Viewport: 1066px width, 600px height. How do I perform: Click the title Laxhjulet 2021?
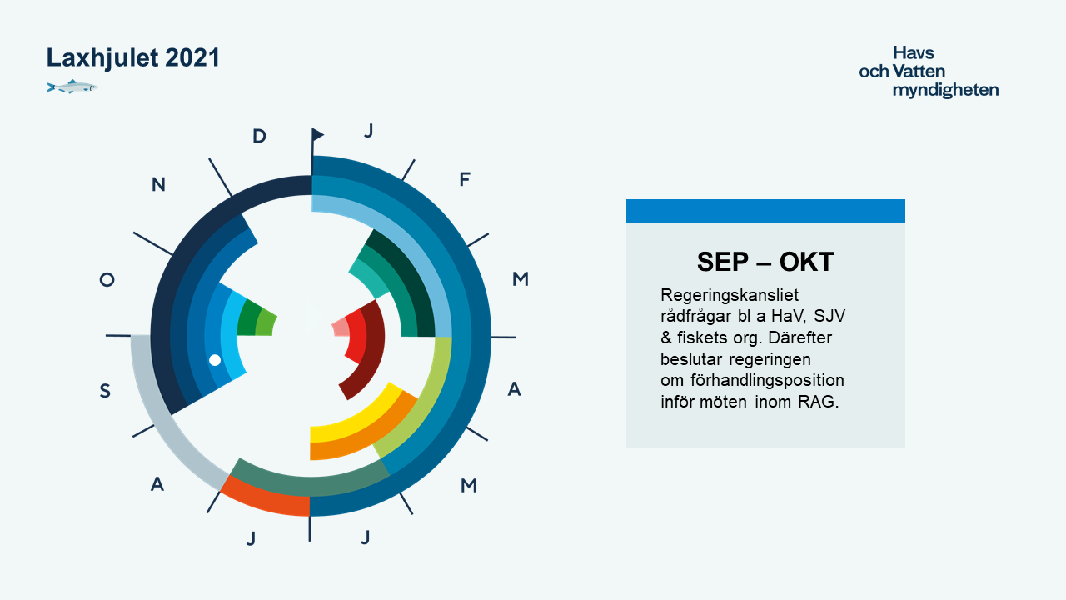pyautogui.click(x=132, y=58)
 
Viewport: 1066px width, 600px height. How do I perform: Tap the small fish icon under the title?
pyautogui.click(x=72, y=87)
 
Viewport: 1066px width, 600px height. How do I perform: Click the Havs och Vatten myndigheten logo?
pyautogui.click(x=929, y=72)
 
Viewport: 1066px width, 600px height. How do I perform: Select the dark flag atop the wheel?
pyautogui.click(x=317, y=135)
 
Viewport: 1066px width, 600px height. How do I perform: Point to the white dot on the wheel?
pyautogui.click(x=215, y=360)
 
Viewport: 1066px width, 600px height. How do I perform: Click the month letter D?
pyautogui.click(x=259, y=136)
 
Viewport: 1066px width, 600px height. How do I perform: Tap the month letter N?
pyautogui.click(x=158, y=184)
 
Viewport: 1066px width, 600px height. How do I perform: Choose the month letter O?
pyautogui.click(x=107, y=279)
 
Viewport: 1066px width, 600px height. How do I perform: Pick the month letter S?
pyautogui.click(x=105, y=391)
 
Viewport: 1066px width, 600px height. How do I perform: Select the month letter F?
pyautogui.click(x=465, y=179)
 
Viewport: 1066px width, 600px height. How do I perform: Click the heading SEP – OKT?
pyautogui.click(x=765, y=262)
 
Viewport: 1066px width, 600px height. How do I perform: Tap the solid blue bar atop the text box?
pyautogui.click(x=765, y=211)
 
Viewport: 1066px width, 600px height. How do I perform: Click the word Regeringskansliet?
pyautogui.click(x=730, y=295)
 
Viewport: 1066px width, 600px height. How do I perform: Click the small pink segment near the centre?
pyautogui.click(x=341, y=327)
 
